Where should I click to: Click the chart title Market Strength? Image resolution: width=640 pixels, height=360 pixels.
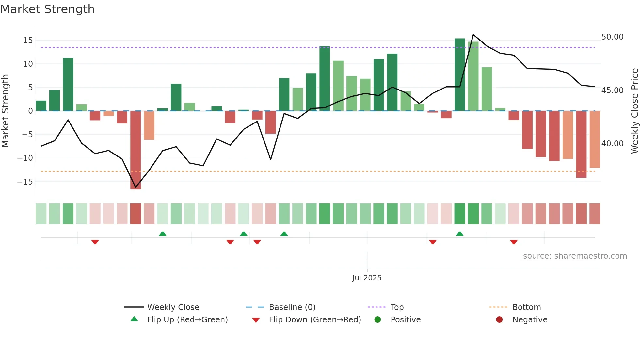(47, 9)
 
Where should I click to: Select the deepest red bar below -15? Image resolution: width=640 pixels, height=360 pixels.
(136, 150)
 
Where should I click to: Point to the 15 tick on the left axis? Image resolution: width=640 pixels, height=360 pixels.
(28, 41)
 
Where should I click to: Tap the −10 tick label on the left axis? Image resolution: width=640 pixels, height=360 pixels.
(25, 158)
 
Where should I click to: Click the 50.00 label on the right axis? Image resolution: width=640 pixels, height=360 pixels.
(612, 37)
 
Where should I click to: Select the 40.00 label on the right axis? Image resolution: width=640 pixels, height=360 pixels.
(612, 144)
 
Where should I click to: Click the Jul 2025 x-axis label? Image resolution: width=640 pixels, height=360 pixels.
(367, 278)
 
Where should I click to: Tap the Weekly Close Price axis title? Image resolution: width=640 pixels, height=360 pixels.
(634, 111)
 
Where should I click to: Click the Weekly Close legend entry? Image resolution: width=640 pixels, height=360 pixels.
(173, 307)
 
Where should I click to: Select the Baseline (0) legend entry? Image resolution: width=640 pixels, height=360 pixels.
(292, 307)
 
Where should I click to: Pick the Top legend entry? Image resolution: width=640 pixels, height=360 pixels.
(397, 307)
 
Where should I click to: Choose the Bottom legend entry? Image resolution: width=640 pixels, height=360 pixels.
(526, 307)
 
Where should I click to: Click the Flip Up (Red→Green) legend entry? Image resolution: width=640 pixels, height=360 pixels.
(187, 320)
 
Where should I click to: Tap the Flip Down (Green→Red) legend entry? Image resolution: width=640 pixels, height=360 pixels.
(315, 320)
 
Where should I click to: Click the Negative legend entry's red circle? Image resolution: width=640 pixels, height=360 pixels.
(499, 320)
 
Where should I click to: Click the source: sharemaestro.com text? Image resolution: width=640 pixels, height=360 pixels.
(575, 256)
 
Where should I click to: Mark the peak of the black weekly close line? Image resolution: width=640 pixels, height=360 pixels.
(473, 34)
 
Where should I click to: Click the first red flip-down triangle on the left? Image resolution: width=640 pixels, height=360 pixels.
(95, 242)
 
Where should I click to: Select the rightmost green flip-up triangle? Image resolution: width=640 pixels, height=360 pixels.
(459, 234)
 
